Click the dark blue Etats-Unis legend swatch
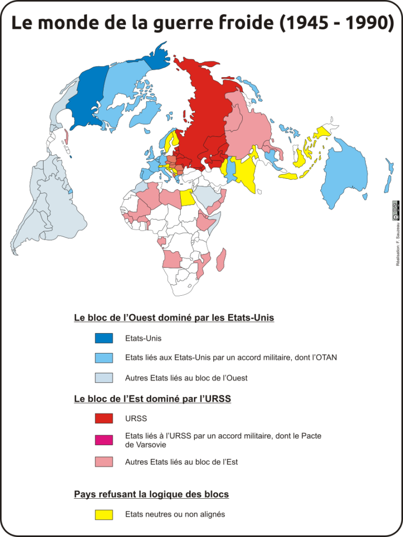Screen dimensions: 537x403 tap(104, 338)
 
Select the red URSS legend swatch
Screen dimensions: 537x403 tap(104, 418)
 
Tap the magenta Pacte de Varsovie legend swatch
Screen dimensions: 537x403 tap(104, 440)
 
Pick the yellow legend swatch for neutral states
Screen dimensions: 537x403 tap(104, 514)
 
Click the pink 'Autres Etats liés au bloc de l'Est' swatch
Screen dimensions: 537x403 tap(104, 462)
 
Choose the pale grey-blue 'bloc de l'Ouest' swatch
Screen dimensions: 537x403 tap(104, 378)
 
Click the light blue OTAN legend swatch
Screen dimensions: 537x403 tap(104, 358)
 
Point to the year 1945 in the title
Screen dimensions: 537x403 tap(304, 24)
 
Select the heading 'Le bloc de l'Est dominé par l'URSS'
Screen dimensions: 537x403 tap(153, 399)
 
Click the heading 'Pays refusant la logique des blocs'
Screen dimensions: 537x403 tap(151, 495)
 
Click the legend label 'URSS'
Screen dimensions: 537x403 tap(136, 418)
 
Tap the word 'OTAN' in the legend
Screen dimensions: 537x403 tap(325, 358)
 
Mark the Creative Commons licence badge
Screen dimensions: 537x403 tap(396, 211)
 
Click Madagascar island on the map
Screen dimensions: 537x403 tap(222, 260)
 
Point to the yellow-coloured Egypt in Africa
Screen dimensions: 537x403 tap(186, 198)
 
